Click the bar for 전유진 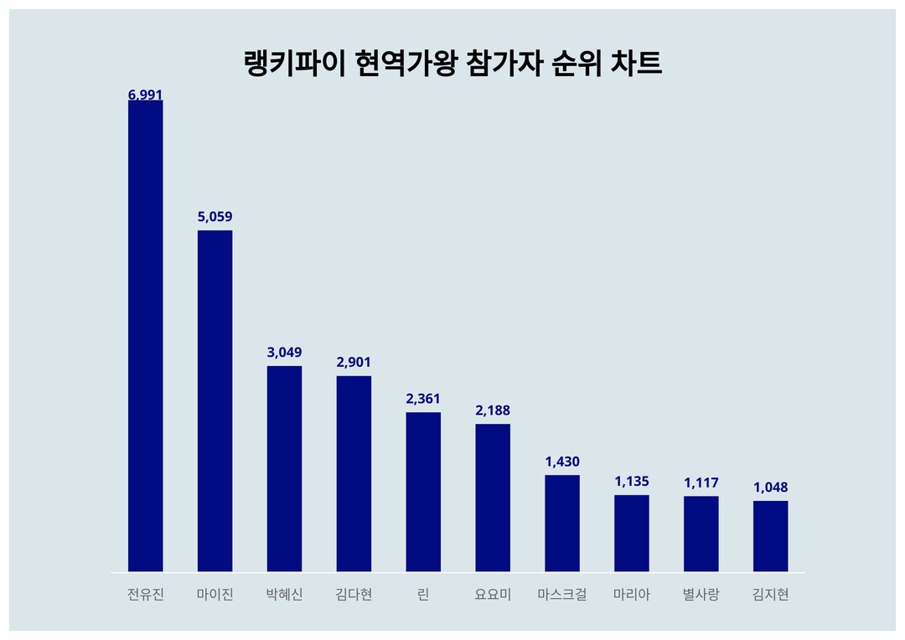click(145, 336)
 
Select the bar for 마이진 click(215, 400)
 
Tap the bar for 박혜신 click(284, 468)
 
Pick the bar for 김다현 click(354, 473)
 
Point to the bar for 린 click(423, 492)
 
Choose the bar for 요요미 click(493, 498)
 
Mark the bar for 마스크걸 click(562, 524)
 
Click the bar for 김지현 click(770, 536)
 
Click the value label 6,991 click(145, 95)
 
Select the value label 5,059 click(215, 217)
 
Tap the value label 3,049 click(284, 353)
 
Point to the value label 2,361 click(423, 399)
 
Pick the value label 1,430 click(562, 462)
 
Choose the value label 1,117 click(701, 483)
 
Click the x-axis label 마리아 click(631, 595)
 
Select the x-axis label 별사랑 click(701, 595)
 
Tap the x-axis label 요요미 click(493, 595)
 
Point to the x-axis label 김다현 click(354, 595)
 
